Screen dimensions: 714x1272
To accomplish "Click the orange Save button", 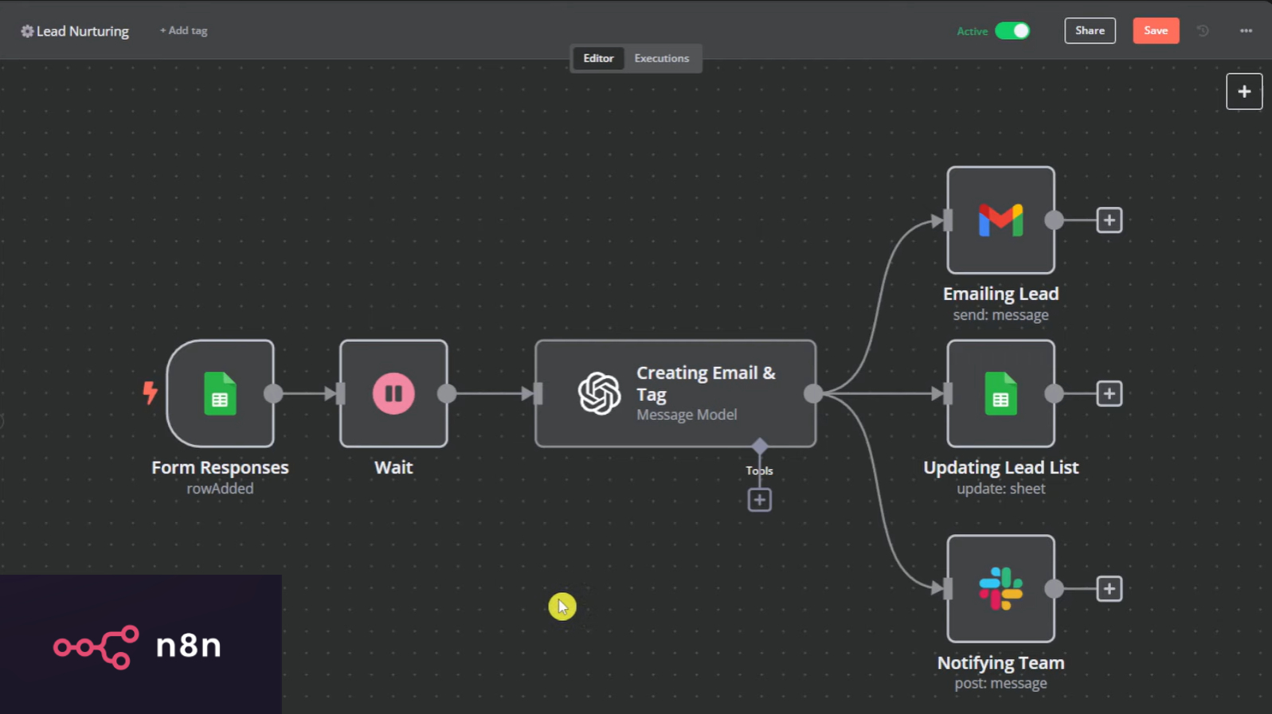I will (x=1155, y=31).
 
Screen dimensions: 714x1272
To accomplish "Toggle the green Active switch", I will (x=1012, y=31).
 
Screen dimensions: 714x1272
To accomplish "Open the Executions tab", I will (x=661, y=58).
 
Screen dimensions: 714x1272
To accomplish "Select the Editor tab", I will (x=598, y=58).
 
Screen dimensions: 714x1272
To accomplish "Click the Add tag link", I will (x=183, y=31).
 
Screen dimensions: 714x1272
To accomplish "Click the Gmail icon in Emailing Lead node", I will (x=1000, y=220).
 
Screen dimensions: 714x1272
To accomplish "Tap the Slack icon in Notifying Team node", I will (x=1000, y=589).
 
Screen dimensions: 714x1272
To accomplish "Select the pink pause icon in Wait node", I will (x=393, y=393).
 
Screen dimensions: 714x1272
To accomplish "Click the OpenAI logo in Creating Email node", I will (x=599, y=393).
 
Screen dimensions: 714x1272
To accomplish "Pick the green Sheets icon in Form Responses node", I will (x=220, y=393).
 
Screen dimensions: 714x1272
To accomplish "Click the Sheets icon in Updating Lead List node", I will (x=1000, y=393).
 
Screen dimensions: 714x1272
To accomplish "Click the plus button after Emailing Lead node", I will (x=1109, y=220).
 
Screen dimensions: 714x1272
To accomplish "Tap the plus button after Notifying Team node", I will (x=1109, y=589).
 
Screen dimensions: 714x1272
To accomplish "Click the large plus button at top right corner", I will (x=1243, y=92).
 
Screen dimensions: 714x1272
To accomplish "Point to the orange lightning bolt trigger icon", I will (x=150, y=392).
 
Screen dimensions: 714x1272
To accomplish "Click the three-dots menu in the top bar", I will (x=1246, y=31).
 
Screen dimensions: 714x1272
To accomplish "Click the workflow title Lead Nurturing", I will (x=82, y=31).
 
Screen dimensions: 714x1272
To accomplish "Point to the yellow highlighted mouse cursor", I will (x=562, y=607).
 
